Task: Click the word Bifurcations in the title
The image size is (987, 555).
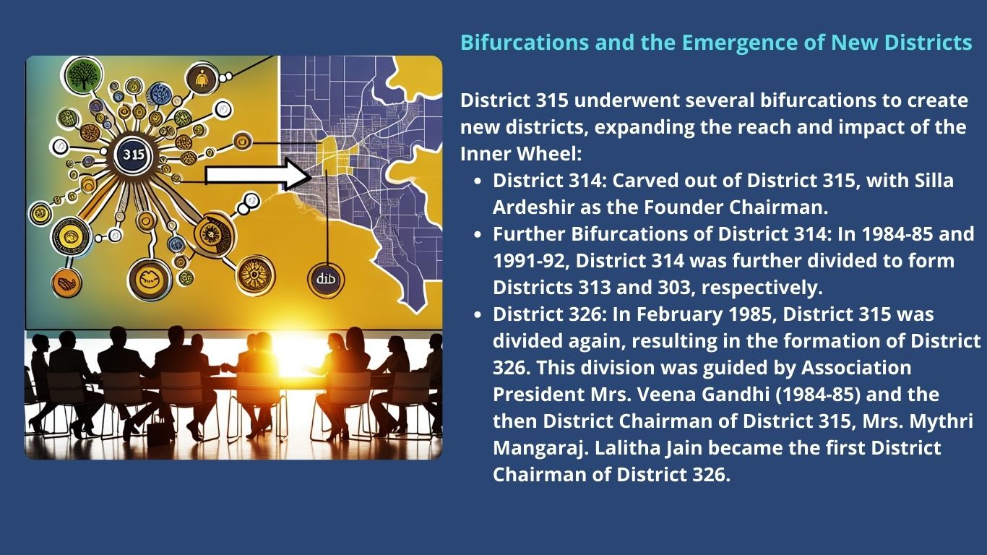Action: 525,43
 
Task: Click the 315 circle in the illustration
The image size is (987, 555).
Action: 133,155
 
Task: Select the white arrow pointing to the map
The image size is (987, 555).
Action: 259,175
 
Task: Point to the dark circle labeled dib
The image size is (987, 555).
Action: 326,279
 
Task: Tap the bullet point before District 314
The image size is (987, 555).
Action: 478,181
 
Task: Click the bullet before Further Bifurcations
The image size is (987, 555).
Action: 478,235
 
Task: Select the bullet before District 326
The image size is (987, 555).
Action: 478,315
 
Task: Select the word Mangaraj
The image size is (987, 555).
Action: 540,449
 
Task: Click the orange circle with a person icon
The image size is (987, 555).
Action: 202,79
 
